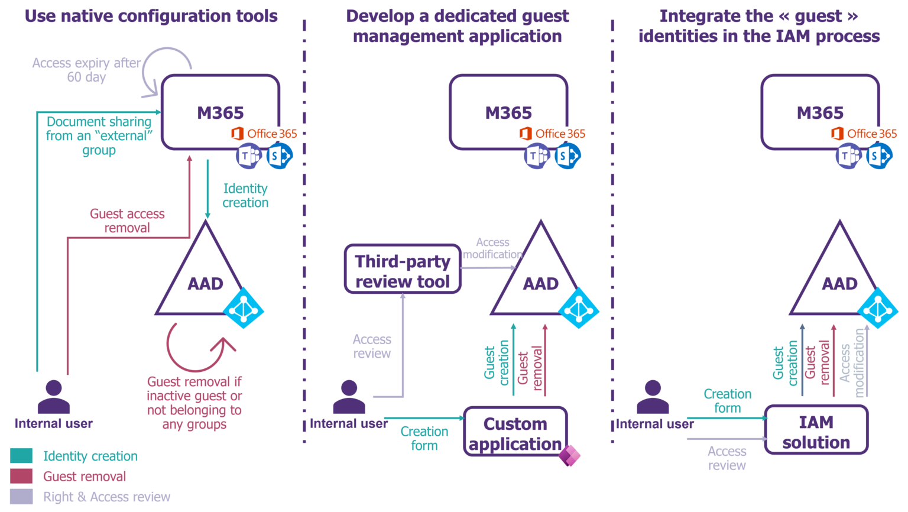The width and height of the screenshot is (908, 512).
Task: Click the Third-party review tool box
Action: pyautogui.click(x=403, y=270)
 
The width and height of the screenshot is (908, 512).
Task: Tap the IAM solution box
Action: pyautogui.click(x=816, y=430)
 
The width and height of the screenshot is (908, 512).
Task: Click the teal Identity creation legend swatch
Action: pyautogui.click(x=21, y=456)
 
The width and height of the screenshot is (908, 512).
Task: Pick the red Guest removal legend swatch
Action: pyautogui.click(x=21, y=477)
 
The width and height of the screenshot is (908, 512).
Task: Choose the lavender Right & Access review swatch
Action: pyautogui.click(x=21, y=497)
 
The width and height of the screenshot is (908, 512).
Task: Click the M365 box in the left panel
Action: pyautogui.click(x=220, y=111)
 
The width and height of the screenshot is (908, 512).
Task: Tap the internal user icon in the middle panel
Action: pyautogui.click(x=349, y=398)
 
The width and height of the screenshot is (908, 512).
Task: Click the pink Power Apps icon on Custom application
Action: pyautogui.click(x=569, y=455)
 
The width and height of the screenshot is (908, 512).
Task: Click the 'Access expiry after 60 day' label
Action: pyautogui.click(x=86, y=70)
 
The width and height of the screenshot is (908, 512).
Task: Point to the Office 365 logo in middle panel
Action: pyautogui.click(x=553, y=134)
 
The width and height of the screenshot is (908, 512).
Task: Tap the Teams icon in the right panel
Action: pyautogui.click(x=848, y=156)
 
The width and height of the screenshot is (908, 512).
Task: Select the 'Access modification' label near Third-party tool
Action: pyautogui.click(x=492, y=248)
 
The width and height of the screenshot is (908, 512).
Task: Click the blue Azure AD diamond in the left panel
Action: pyautogui.click(x=243, y=308)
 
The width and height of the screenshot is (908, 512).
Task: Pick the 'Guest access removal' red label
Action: pyautogui.click(x=127, y=221)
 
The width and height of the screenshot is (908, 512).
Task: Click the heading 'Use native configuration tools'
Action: pyautogui.click(x=151, y=16)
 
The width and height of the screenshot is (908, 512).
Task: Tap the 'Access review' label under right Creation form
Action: pyautogui.click(x=727, y=458)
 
